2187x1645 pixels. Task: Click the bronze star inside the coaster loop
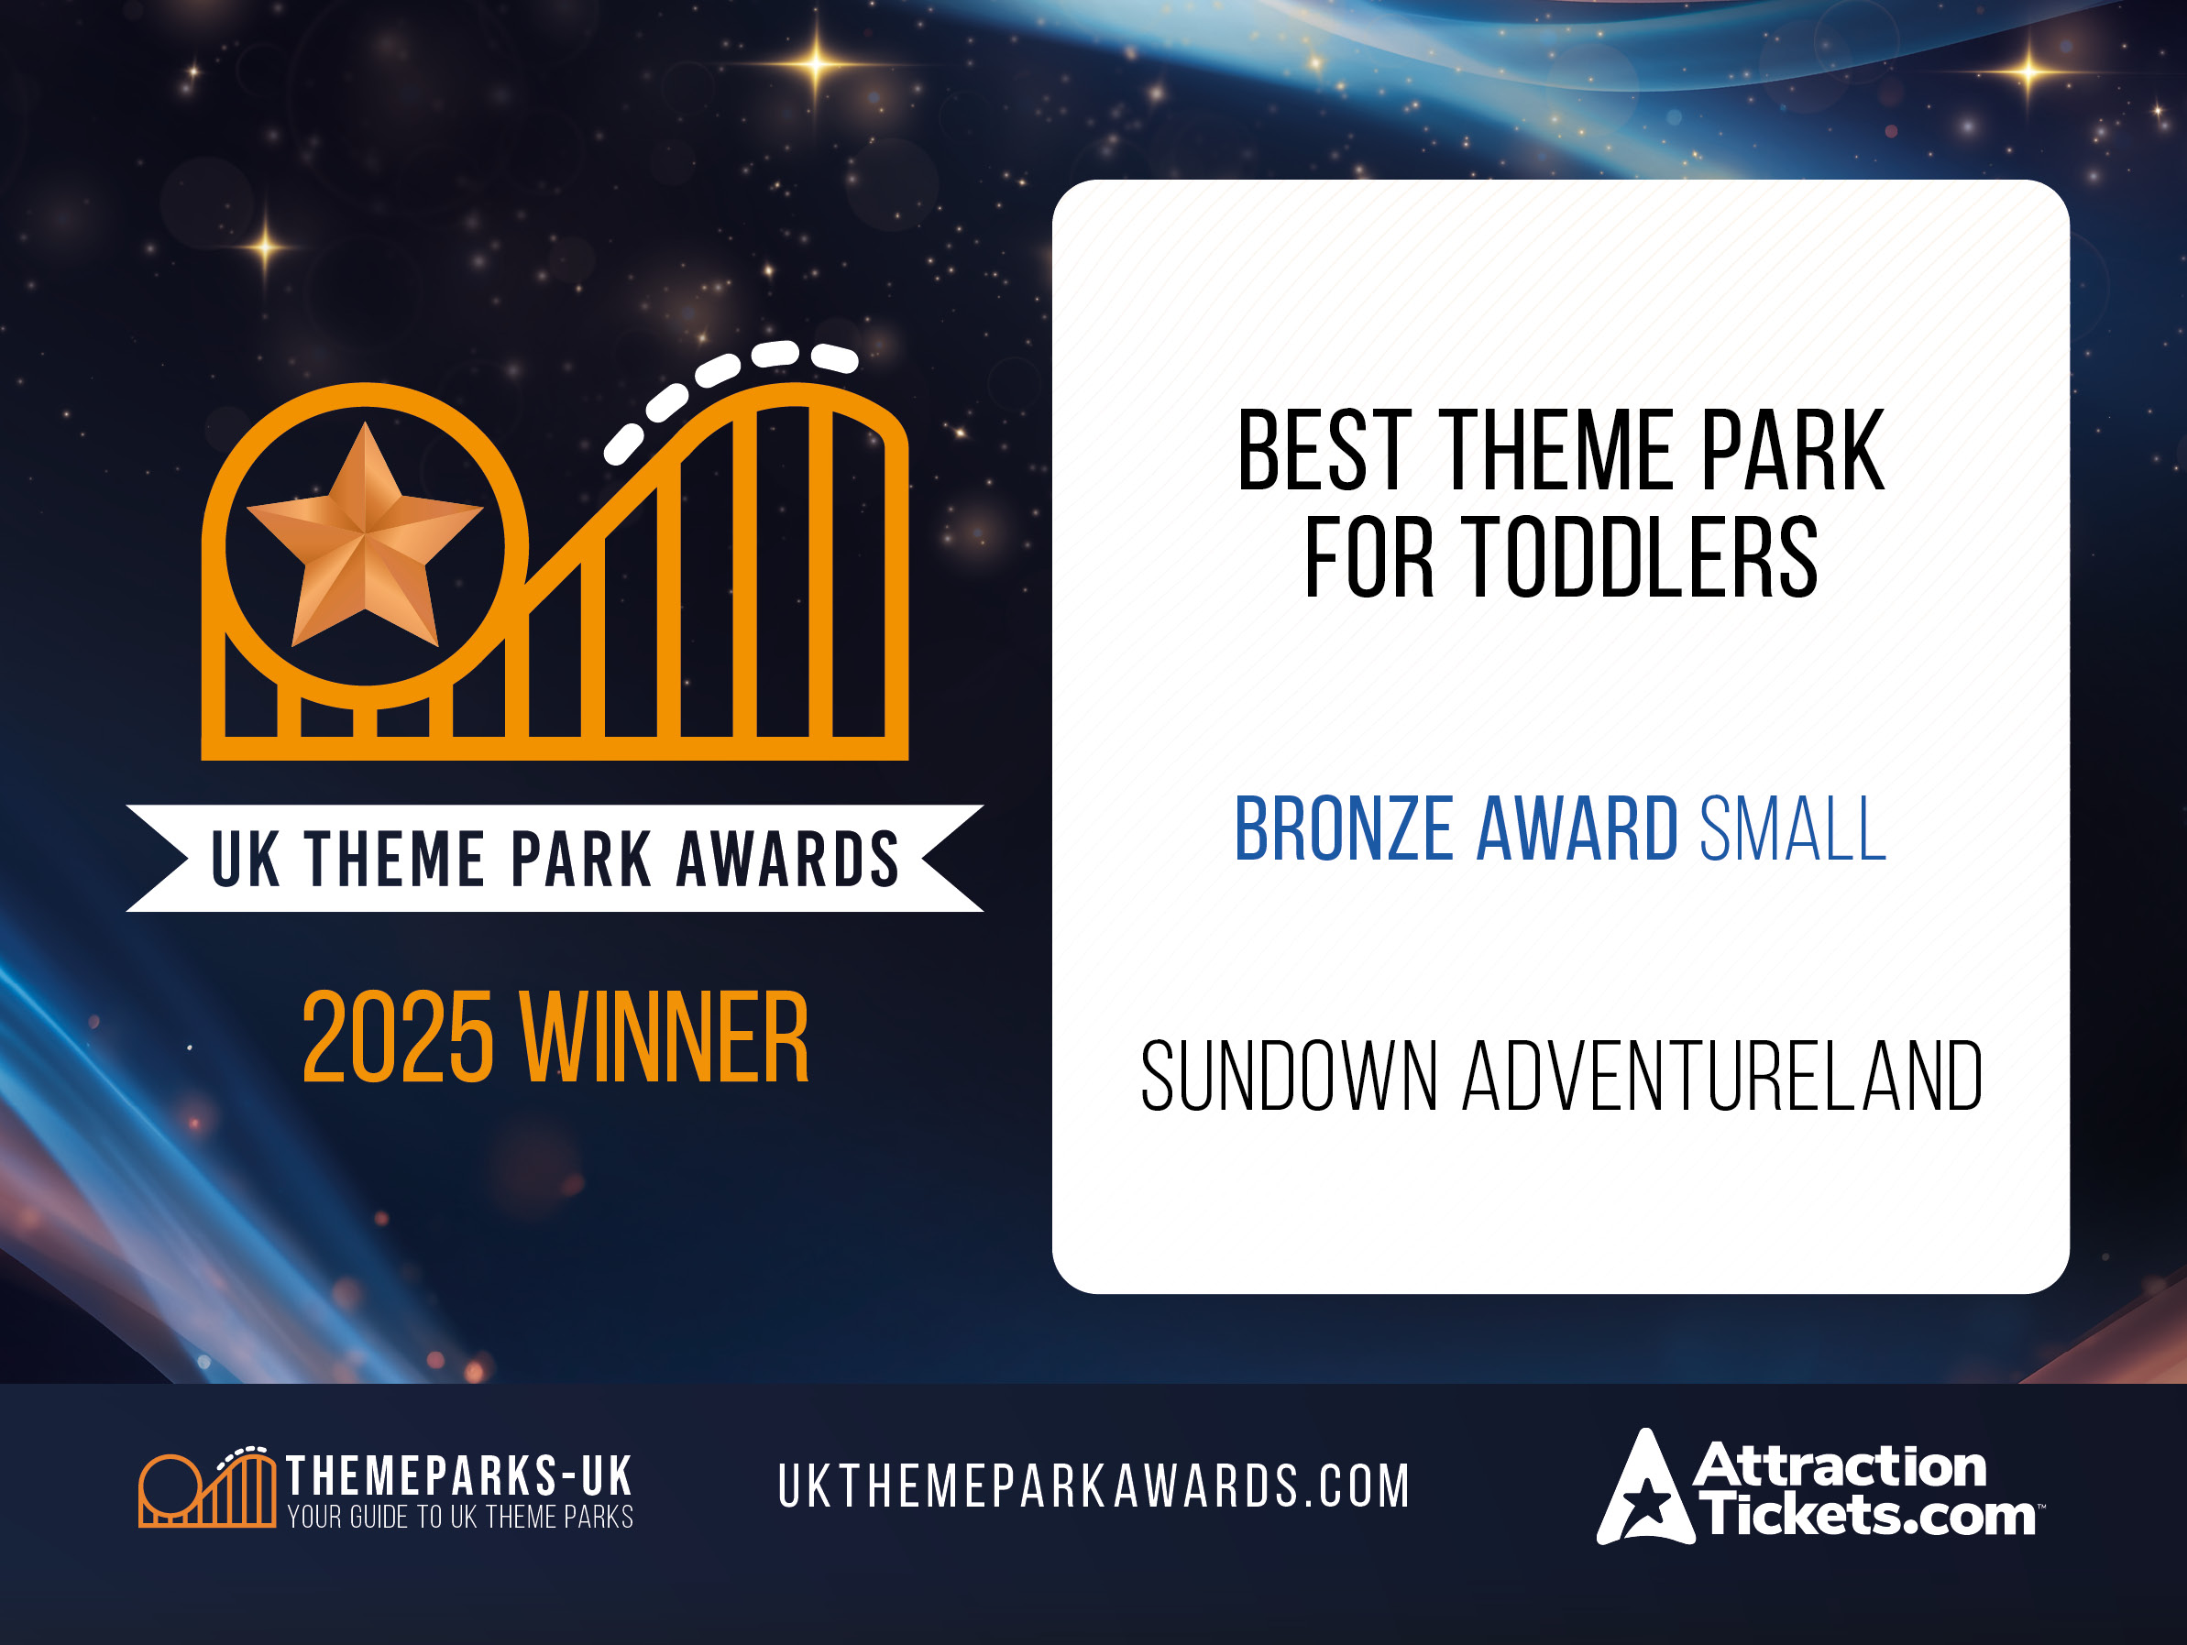pyautogui.click(x=365, y=539)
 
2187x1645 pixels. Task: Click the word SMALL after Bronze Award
pyautogui.click(x=1793, y=828)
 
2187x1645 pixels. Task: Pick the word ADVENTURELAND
pyautogui.click(x=1722, y=1077)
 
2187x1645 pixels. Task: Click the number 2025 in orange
pyautogui.click(x=398, y=1037)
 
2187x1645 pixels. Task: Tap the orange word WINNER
pyautogui.click(x=665, y=1037)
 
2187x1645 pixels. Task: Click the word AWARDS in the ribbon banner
pyautogui.click(x=787, y=858)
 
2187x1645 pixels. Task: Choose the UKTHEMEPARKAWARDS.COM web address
pyautogui.click(x=1093, y=1486)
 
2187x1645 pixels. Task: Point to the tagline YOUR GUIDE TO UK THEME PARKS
pyautogui.click(x=460, y=1517)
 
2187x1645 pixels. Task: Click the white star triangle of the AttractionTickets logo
pyautogui.click(x=1645, y=1493)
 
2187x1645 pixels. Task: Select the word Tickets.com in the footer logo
pyautogui.click(x=1867, y=1516)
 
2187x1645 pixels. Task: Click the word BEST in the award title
pyautogui.click(x=1324, y=451)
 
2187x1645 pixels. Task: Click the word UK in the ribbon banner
pyautogui.click(x=247, y=858)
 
